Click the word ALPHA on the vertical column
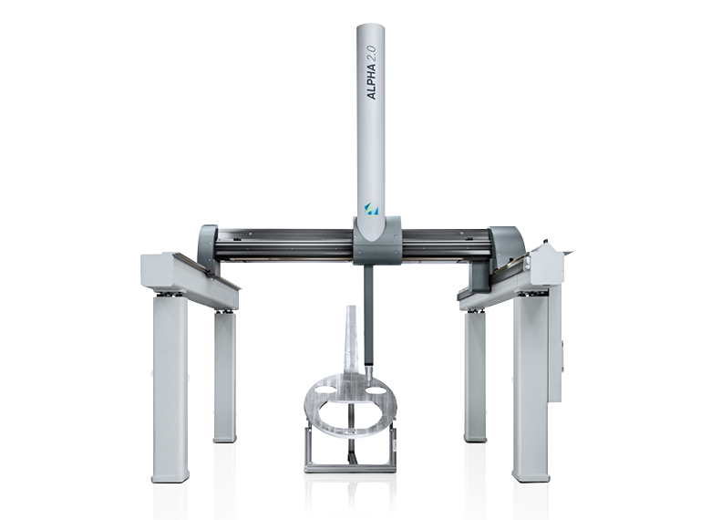click(371, 82)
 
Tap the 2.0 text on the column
click(371, 53)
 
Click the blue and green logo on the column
click(371, 209)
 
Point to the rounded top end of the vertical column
click(370, 28)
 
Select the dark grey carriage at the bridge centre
click(377, 241)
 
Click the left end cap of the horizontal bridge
click(208, 247)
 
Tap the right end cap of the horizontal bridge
click(506, 246)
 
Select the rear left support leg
click(225, 377)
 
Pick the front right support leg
click(531, 387)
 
